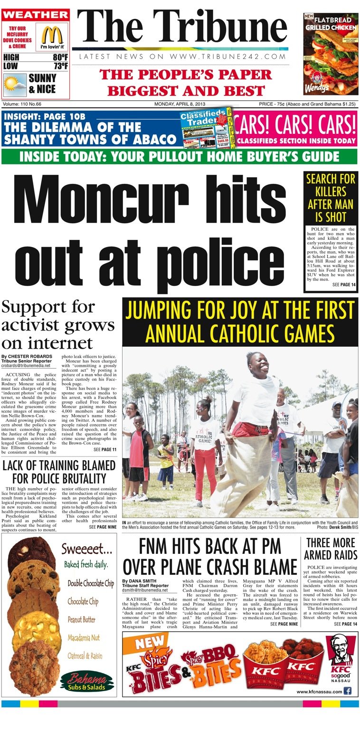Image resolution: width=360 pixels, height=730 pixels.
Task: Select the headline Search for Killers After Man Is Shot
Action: (x=331, y=198)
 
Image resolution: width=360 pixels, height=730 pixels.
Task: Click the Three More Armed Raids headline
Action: (x=331, y=549)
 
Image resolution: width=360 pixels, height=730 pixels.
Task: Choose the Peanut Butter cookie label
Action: (x=81, y=619)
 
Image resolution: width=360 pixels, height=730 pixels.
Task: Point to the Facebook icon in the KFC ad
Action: (x=348, y=691)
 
